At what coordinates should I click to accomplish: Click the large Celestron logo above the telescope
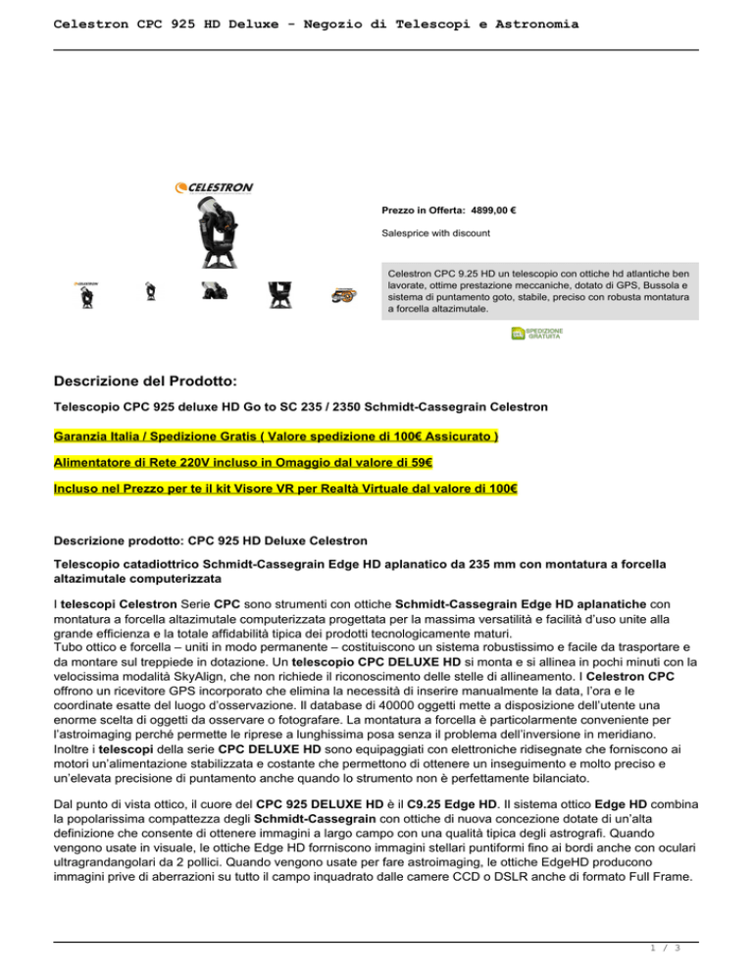click(x=214, y=187)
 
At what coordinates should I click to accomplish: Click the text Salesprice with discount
click(x=435, y=232)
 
